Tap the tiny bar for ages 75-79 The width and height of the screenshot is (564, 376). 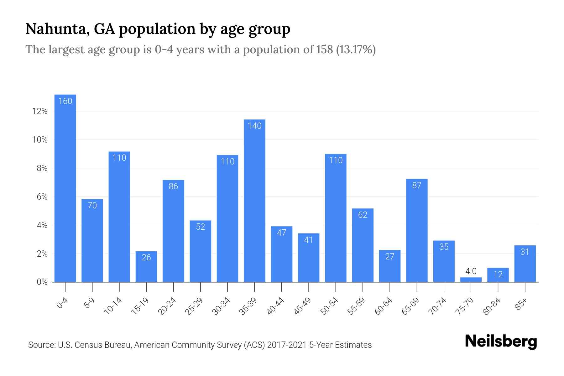point(471,279)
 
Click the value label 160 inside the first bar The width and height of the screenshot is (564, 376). point(65,101)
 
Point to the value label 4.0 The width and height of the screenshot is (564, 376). point(471,271)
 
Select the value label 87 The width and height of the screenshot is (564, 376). point(417,185)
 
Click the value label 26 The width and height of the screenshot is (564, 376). point(146,258)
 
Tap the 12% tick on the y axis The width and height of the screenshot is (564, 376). point(40,112)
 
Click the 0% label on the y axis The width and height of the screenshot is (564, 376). point(42,282)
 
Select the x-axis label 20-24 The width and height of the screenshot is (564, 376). point(167,306)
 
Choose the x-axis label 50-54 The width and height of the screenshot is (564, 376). point(330,306)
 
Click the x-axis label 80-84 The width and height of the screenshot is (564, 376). point(492,306)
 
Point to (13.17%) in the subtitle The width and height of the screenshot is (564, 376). point(356,50)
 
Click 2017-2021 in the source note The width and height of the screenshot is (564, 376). point(287,345)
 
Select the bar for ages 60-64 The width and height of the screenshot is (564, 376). point(390,266)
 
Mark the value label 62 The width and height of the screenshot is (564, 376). point(363,215)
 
